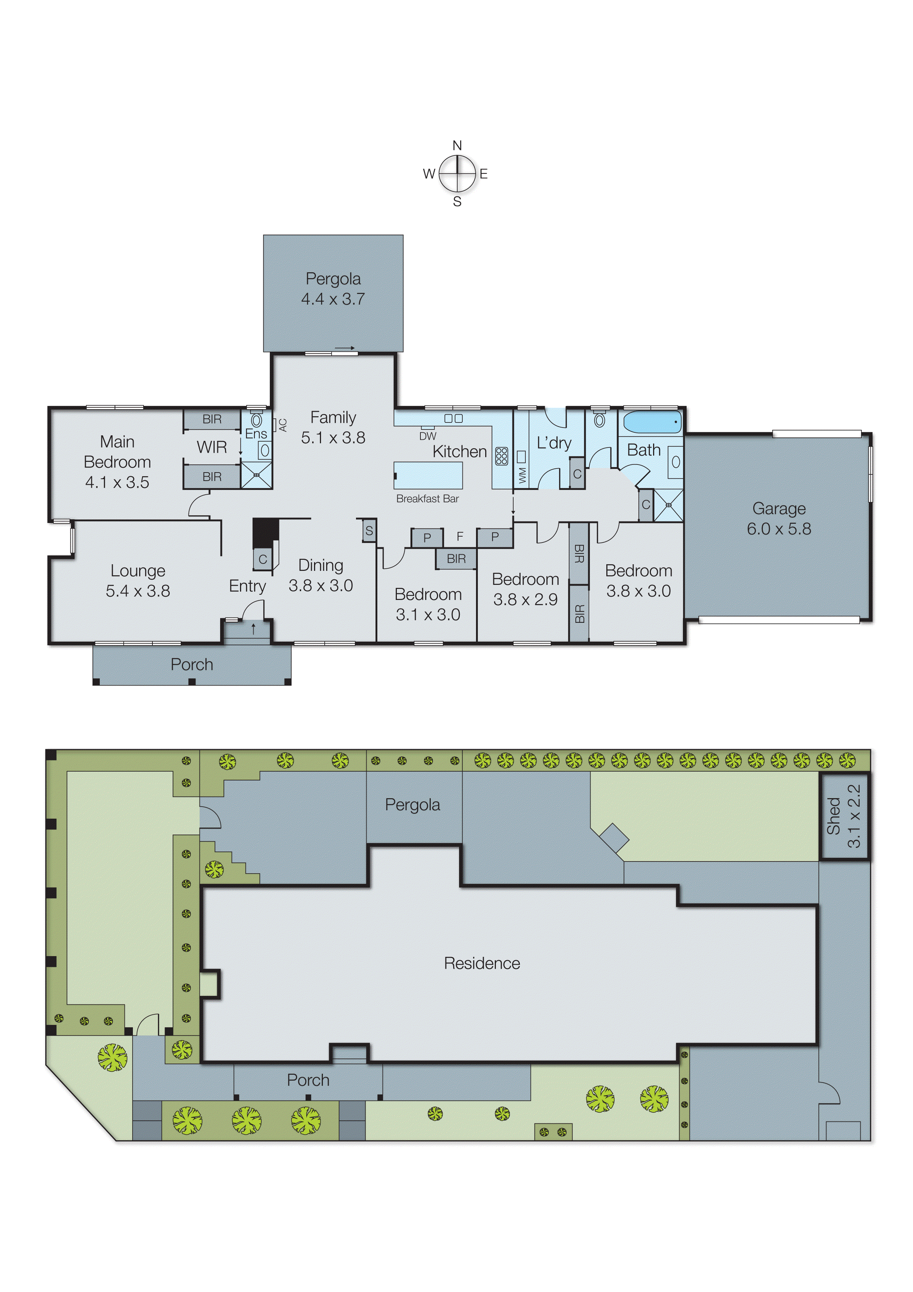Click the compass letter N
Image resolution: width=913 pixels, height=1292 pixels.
[457, 146]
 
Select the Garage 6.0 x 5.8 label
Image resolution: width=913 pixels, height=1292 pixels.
[779, 518]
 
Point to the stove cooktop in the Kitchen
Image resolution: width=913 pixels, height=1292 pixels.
[501, 456]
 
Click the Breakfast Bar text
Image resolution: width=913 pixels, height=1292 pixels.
[427, 499]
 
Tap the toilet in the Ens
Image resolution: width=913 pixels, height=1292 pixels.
[257, 420]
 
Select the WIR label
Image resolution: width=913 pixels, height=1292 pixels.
[212, 447]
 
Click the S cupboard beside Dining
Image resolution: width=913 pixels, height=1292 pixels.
[369, 531]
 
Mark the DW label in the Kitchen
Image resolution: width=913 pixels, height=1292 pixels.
[427, 436]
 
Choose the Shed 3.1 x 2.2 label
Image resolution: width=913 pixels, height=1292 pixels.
[843, 816]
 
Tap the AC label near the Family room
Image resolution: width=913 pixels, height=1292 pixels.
[283, 425]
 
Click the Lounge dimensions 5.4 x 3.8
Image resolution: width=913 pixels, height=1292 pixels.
[138, 591]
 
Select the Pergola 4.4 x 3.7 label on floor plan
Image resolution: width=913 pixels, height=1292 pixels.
[333, 289]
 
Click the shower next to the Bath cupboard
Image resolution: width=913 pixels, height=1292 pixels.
[668, 505]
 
